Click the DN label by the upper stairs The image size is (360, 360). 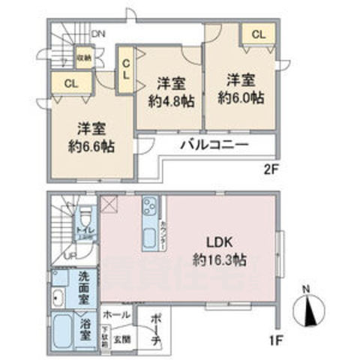pos(97,34)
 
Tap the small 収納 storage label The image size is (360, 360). pos(84,56)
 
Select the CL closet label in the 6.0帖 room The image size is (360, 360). pos(257,34)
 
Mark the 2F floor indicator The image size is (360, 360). pos(270,169)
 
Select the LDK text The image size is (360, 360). pos(222,244)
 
